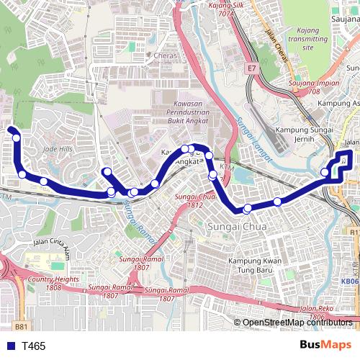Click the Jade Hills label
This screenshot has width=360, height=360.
[58, 148]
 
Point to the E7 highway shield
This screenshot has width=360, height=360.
[251, 68]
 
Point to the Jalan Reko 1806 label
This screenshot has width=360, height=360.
[318, 312]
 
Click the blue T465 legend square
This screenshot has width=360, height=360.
[9, 346]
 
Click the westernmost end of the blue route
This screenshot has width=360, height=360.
[11, 130]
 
